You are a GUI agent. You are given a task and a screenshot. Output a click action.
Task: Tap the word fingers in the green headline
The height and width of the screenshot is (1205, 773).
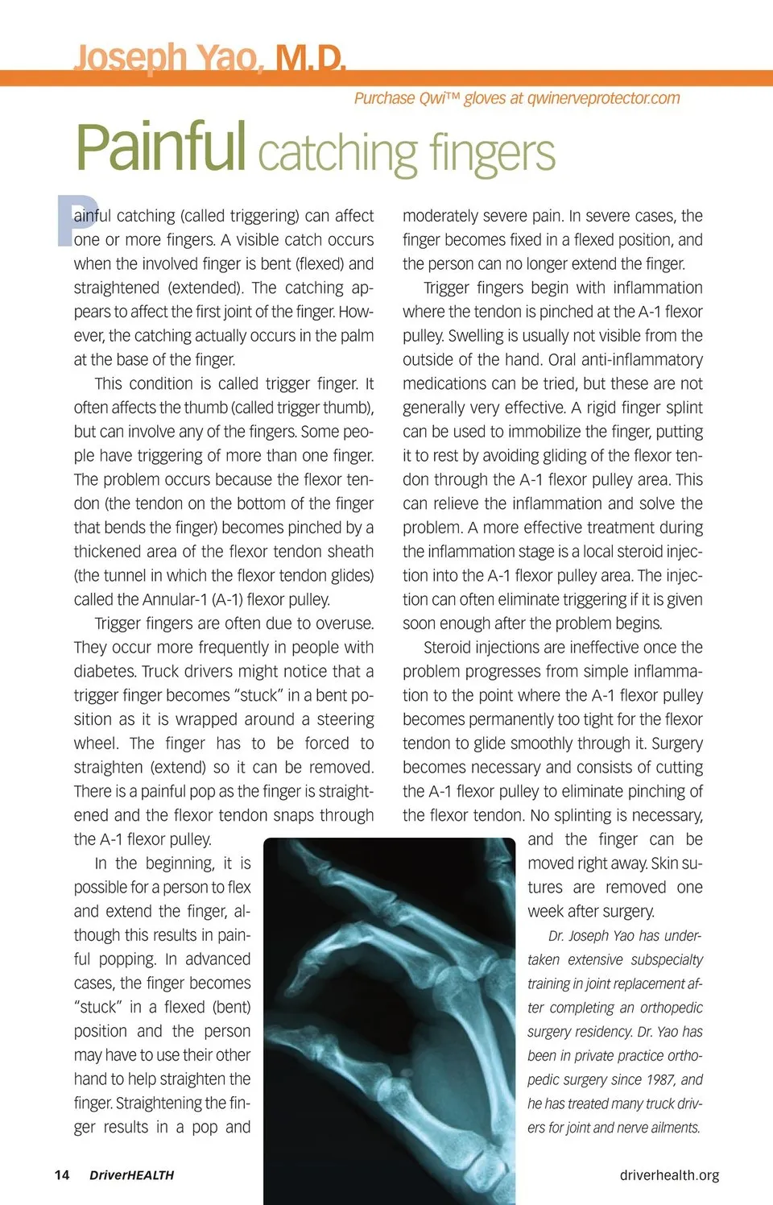point(492,152)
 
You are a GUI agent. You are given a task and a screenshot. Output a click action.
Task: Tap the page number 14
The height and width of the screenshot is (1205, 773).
point(62,1174)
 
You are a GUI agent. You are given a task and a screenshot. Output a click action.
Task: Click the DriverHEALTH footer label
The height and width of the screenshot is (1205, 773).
point(131,1175)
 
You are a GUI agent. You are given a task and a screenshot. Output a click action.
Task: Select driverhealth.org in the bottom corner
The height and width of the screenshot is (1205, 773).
point(669,1175)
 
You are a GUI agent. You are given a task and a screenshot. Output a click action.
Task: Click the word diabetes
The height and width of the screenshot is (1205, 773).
point(103,672)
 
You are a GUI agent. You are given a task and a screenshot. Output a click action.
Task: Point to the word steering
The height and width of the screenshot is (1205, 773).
point(345,719)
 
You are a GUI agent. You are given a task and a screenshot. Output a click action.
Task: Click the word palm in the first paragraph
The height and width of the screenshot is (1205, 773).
point(357,336)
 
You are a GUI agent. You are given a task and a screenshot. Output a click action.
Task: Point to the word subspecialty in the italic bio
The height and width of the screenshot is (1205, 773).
point(666,959)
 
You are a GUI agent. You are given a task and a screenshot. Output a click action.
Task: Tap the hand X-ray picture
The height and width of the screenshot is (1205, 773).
point(390,1020)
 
